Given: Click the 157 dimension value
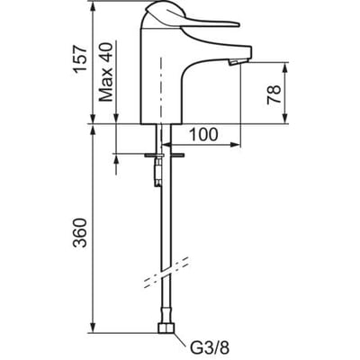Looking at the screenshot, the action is coord(80,59).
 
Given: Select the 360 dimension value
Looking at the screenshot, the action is coord(80,233).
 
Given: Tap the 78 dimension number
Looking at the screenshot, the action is coord(274,94).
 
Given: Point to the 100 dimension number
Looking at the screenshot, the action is coord(204,134).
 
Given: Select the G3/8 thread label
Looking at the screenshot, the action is coord(210,348).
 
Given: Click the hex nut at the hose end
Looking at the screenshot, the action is coord(166,328).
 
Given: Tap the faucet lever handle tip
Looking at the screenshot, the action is coord(238,24).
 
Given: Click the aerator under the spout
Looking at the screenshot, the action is coord(233,62).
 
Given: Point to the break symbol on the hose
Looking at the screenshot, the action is coord(166,273).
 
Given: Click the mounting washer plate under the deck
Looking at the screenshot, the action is coord(165,156).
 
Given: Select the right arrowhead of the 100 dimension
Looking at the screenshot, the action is coord(236,145).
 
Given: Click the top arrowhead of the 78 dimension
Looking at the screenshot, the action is coord(285,67).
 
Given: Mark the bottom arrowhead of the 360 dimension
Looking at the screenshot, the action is coord(93,328).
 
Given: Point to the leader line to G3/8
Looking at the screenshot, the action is coord(180,339).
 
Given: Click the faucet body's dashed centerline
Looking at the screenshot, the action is coord(161,90).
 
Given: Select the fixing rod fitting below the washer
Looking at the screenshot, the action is coord(157,173).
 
